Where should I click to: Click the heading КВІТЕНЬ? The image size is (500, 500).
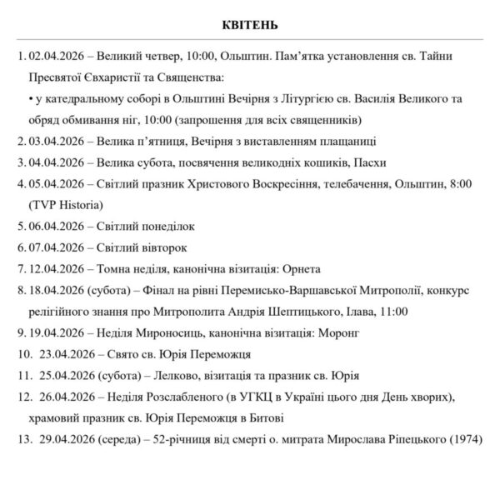coord(250,22)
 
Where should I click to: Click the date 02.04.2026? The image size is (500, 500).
coord(56,56)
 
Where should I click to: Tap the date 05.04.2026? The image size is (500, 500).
coord(56,182)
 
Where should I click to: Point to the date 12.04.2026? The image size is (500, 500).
coord(56,268)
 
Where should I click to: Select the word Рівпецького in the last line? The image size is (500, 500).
coord(414,439)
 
